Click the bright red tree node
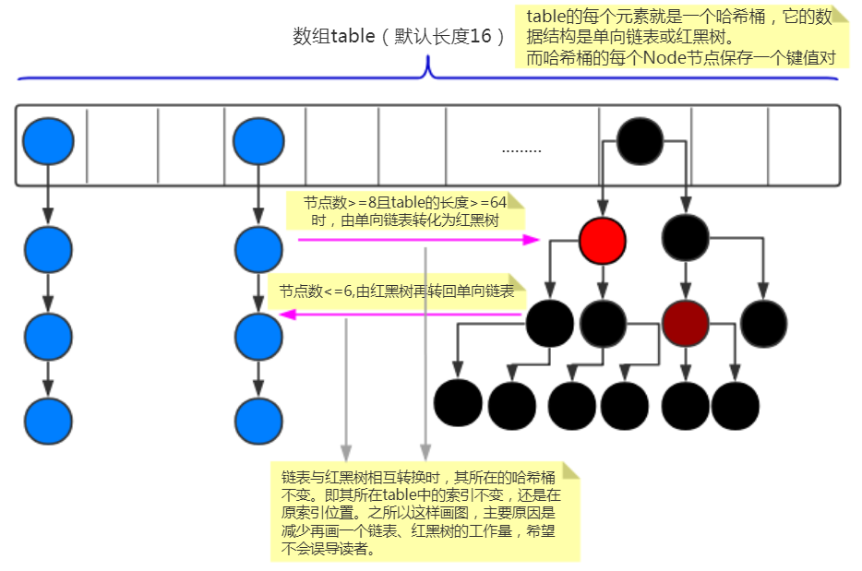click(x=603, y=241)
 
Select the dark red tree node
click(x=686, y=323)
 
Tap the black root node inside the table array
click(x=640, y=142)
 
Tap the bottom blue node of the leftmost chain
click(x=48, y=422)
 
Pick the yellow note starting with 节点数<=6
click(x=397, y=291)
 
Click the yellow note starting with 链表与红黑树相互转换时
click(x=425, y=513)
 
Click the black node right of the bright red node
click(x=686, y=238)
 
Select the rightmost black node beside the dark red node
click(x=764, y=323)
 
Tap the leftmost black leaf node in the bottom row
click(x=459, y=403)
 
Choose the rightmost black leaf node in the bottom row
click(x=736, y=403)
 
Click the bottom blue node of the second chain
click(x=258, y=422)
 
